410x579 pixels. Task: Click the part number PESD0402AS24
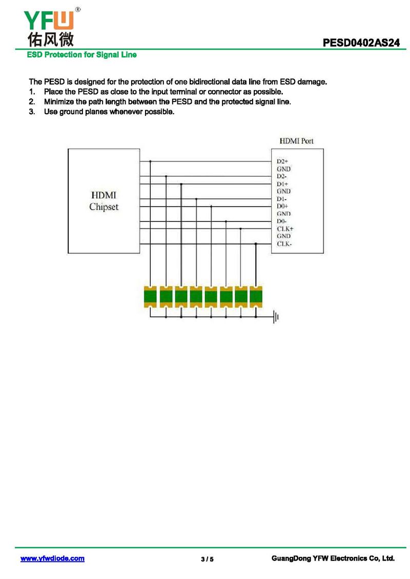pos(361,44)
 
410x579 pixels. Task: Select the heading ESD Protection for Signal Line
pos(81,55)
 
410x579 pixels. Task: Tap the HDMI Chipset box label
pos(104,201)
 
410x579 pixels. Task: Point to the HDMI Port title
pos(296,140)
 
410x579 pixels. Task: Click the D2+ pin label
pos(282,161)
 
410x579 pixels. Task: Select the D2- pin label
pos(282,176)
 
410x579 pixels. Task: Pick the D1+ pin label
pos(282,183)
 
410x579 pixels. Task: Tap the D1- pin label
pos(282,199)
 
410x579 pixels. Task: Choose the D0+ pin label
pos(282,206)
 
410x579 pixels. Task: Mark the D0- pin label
pos(282,221)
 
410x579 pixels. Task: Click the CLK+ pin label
pos(285,229)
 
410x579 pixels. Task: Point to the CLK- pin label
pos(284,244)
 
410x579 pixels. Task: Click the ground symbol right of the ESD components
pos(276,317)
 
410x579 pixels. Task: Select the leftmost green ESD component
pos(150,296)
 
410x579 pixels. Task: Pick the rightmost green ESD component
pos(256,296)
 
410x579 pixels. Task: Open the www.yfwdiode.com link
pos(52,559)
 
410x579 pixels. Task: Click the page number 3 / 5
pos(207,559)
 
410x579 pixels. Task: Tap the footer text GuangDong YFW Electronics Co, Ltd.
pos(333,559)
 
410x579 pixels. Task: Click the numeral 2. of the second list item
pos(32,101)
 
